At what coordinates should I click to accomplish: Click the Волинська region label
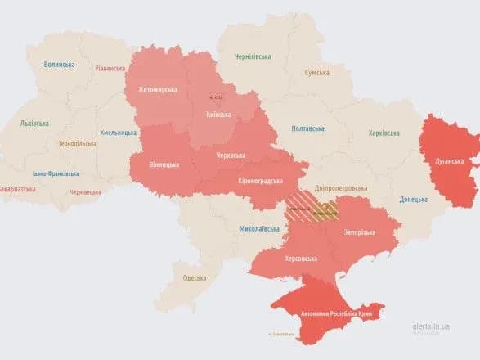[59, 64]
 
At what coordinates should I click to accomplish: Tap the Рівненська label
[110, 69]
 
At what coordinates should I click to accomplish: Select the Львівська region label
[34, 124]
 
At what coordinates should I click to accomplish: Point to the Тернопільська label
[76, 142]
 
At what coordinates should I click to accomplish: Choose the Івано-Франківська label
[56, 173]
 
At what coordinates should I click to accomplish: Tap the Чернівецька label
[86, 191]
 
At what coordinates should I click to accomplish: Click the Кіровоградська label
[261, 181]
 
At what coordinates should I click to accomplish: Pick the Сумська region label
[316, 73]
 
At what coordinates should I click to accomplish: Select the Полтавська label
[307, 128]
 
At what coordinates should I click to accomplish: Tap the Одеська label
[195, 278]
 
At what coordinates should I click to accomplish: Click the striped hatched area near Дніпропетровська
[311, 210]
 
